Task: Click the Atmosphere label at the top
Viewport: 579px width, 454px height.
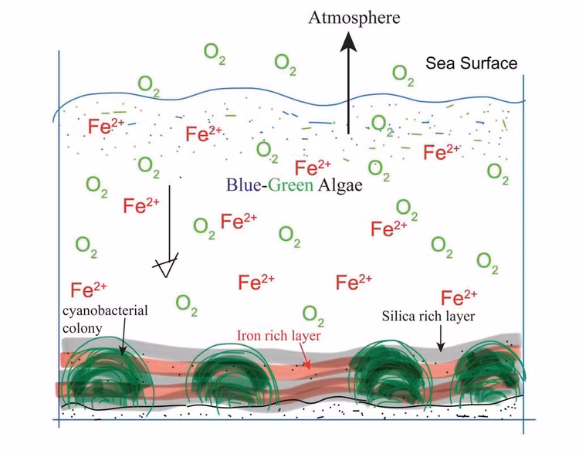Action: click(x=354, y=18)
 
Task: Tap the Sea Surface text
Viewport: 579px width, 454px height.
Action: click(x=471, y=63)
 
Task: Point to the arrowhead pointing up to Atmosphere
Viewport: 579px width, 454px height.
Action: click(x=348, y=42)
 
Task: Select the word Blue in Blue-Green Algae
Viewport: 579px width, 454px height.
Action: click(x=244, y=185)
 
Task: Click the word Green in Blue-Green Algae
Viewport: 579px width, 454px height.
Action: click(x=290, y=185)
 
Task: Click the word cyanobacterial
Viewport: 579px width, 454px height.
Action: click(x=105, y=311)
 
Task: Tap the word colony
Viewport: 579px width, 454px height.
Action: click(x=82, y=328)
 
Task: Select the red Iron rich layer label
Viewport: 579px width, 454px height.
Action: click(x=279, y=336)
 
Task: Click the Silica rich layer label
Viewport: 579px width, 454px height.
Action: click(x=428, y=317)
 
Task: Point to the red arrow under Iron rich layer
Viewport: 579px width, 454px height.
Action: click(x=304, y=356)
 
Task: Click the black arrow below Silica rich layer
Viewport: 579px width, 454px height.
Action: click(x=440, y=339)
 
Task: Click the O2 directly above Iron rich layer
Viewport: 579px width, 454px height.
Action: click(x=313, y=316)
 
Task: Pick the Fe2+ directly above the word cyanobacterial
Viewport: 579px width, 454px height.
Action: click(x=89, y=290)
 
